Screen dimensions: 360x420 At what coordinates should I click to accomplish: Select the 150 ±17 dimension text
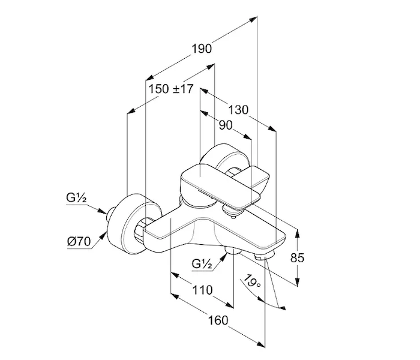coord(171,89)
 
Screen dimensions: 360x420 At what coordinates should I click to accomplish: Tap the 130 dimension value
coord(238,110)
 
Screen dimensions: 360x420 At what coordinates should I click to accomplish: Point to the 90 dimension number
coord(226,125)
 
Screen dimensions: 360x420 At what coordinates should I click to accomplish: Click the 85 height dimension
coord(298,258)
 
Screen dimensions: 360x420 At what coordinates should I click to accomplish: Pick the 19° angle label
coord(251,282)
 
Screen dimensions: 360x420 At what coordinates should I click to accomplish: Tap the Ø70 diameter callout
coord(79,242)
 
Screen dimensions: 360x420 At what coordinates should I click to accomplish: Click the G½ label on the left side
coord(77,199)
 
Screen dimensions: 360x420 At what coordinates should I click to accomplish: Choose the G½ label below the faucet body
coord(202,263)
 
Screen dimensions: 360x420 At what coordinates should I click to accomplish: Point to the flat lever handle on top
coord(222,180)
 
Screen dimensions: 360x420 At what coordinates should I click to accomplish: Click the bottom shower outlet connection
coord(230,251)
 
